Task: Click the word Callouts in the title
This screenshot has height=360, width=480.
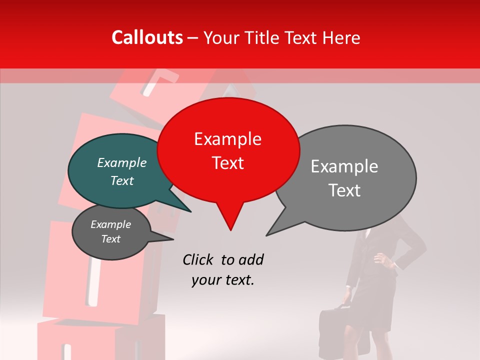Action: (x=147, y=37)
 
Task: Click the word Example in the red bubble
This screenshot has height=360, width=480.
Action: (x=227, y=139)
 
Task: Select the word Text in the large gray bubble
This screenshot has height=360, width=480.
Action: (x=344, y=190)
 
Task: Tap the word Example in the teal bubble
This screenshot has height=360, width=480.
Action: (x=121, y=163)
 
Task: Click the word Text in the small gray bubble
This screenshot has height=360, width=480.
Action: (x=111, y=239)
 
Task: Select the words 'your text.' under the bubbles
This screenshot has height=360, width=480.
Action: (x=223, y=280)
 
